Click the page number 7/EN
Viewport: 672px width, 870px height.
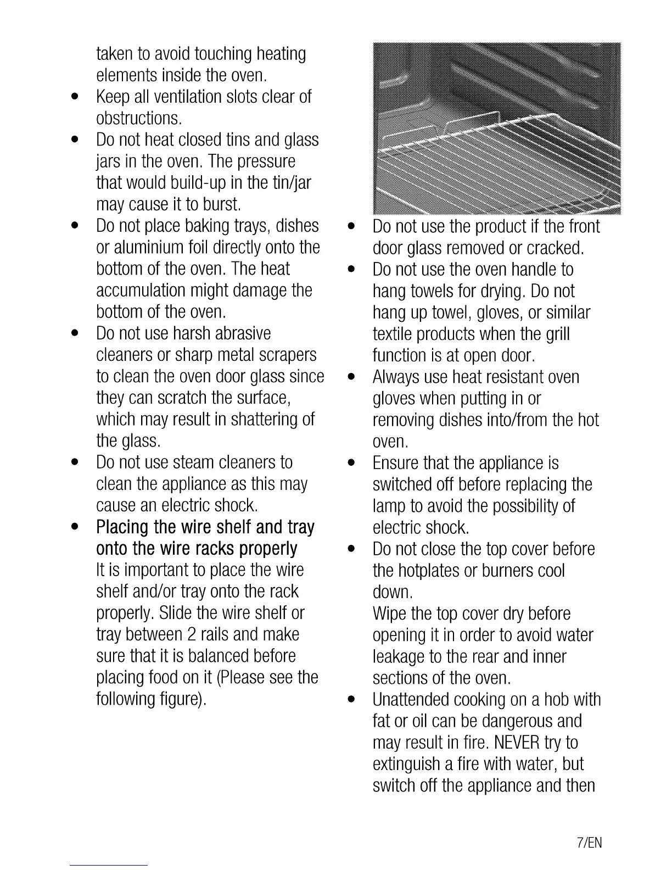click(590, 843)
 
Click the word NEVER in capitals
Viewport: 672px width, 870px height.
click(517, 743)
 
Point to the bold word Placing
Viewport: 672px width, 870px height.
click(123, 527)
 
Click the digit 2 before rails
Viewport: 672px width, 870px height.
click(192, 634)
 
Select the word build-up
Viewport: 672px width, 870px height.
click(193, 182)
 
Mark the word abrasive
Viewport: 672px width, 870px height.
click(243, 333)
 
